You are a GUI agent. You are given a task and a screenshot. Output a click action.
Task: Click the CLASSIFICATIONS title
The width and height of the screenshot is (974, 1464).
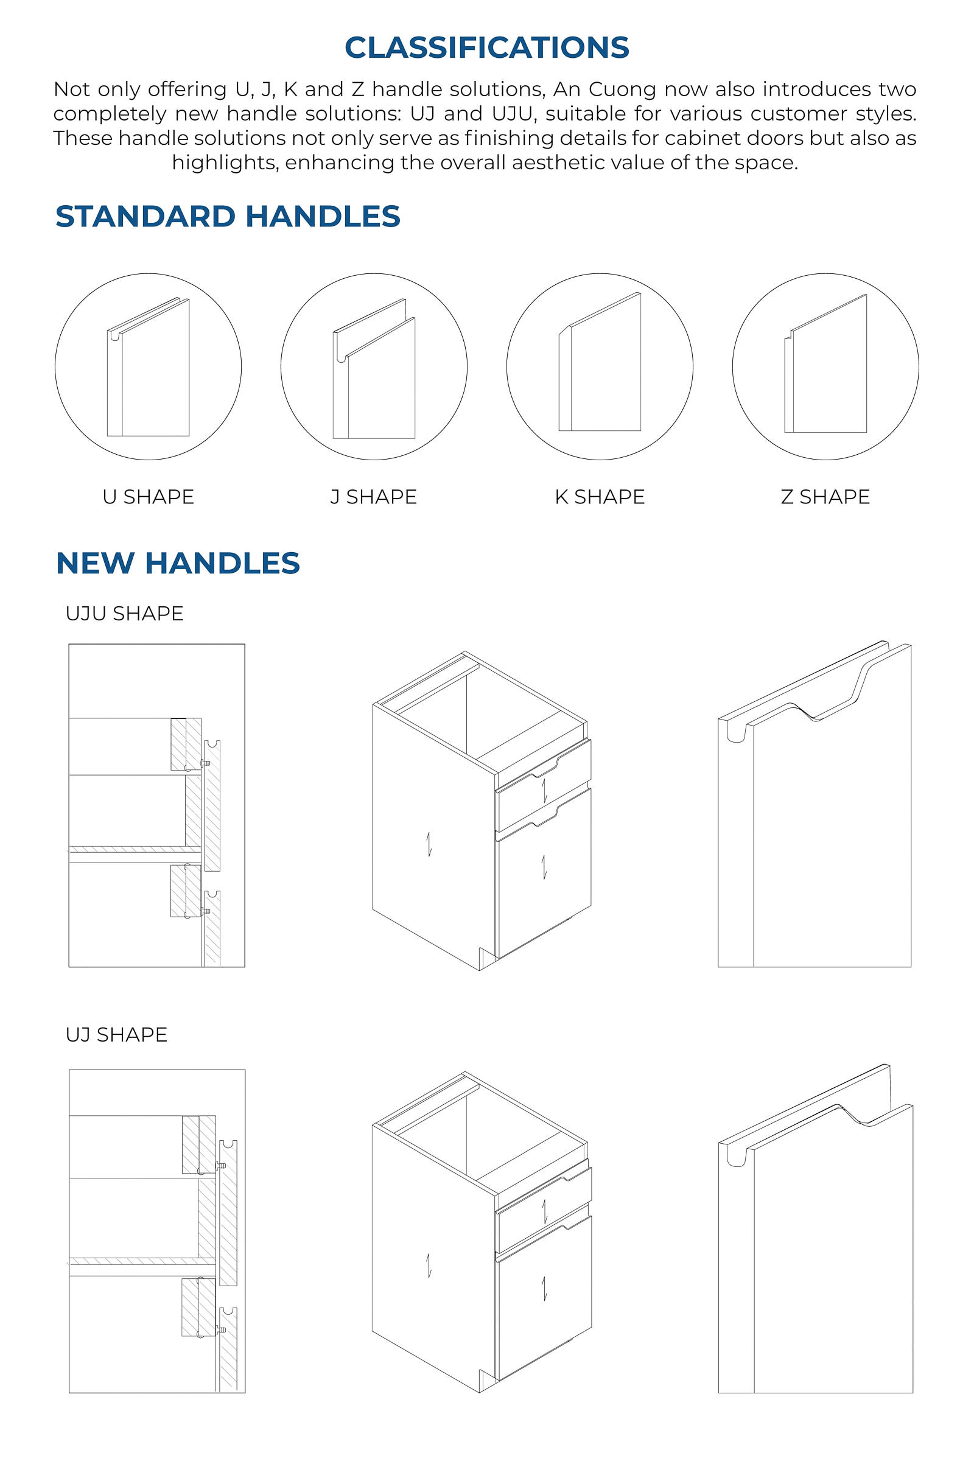point(487,48)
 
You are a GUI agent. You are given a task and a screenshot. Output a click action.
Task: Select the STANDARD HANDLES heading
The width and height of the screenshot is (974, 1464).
point(228,216)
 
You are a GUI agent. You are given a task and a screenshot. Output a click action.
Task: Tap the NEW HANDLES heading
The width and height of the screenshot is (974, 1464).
point(178,562)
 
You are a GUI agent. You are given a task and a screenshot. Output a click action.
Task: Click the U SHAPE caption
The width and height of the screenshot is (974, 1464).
point(149,497)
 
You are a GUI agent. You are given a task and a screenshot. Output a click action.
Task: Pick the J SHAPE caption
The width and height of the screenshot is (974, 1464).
point(373,497)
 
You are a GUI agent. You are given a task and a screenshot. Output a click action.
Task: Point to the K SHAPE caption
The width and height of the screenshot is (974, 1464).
point(600,497)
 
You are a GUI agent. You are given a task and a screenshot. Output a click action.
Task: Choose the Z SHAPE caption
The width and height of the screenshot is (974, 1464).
point(825,497)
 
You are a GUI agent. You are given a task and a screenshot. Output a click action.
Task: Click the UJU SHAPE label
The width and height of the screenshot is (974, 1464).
point(124,613)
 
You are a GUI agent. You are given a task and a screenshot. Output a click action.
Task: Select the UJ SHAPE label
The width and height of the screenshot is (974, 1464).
point(116,1034)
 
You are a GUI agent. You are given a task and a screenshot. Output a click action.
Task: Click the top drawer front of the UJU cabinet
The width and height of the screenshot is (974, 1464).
point(544,786)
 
